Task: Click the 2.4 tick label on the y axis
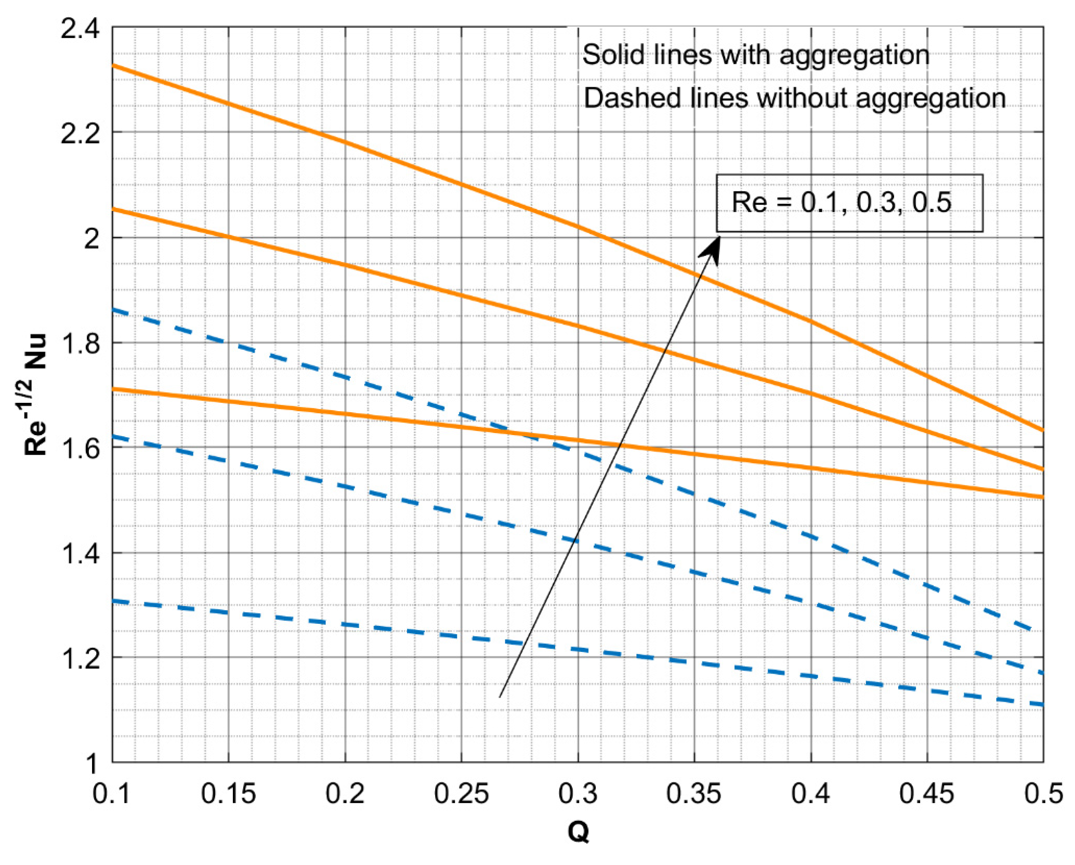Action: pos(80,29)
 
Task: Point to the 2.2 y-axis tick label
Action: pos(80,134)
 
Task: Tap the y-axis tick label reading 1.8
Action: pos(80,344)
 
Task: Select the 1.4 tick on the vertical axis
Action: pos(80,554)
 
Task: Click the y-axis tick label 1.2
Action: pos(80,659)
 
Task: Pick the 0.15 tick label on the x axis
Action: pos(228,794)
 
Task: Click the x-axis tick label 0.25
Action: pos(461,794)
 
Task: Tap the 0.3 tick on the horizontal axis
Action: pos(578,794)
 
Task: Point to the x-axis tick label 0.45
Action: pos(927,794)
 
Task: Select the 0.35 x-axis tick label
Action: pos(694,794)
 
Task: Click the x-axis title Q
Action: pos(578,832)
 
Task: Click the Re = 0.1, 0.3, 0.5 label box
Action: pos(849,203)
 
